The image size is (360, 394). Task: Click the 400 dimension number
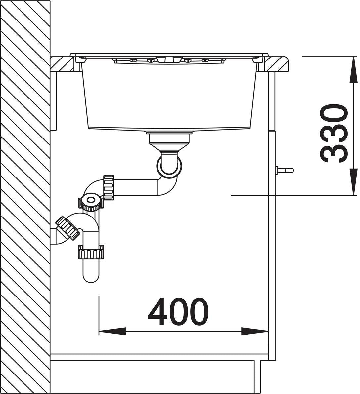pos(178,311)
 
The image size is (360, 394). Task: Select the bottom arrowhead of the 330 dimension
pos(354,181)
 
